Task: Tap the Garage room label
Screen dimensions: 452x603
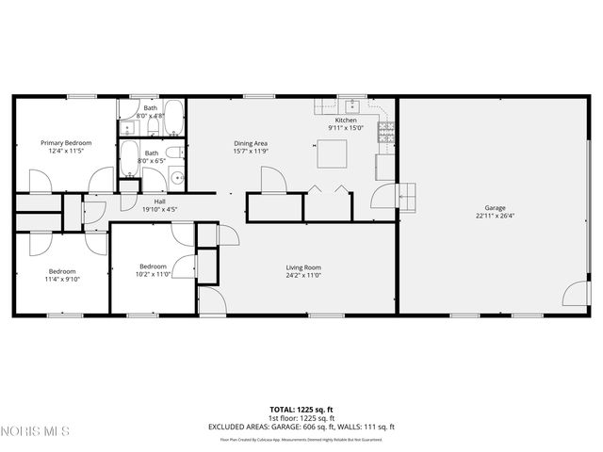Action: [x=496, y=208]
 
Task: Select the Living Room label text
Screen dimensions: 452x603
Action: [x=303, y=267]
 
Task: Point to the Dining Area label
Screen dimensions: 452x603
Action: [x=252, y=142]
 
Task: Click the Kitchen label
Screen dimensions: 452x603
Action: [x=346, y=121]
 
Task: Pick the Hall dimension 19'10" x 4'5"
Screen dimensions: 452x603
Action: [x=159, y=209]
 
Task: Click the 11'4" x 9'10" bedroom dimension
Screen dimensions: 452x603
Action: [x=61, y=280]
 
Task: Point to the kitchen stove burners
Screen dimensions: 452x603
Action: [x=385, y=133]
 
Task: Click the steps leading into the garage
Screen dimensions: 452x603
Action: [x=407, y=196]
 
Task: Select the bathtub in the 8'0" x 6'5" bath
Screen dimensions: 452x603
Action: [x=130, y=154]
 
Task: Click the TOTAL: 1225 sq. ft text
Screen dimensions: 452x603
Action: [x=302, y=410]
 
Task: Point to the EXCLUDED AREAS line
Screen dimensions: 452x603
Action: [x=302, y=427]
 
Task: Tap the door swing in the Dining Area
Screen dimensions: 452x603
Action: [x=272, y=179]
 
